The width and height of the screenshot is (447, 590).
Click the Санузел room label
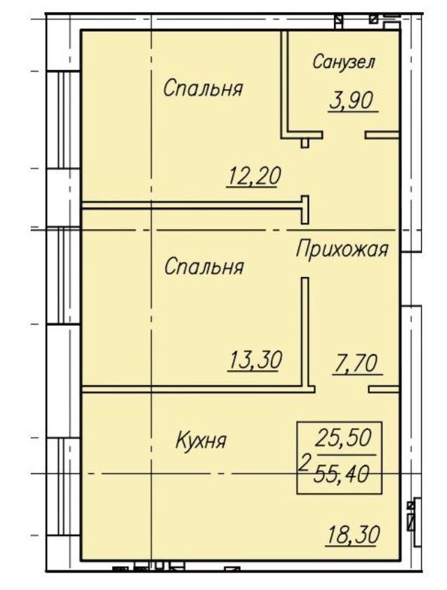(344, 62)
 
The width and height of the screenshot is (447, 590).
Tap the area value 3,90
(351, 101)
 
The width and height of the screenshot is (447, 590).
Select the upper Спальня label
(203, 89)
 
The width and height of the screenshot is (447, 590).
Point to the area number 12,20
(253, 177)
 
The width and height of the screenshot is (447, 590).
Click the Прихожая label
(342, 250)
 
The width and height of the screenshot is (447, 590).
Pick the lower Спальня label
(204, 267)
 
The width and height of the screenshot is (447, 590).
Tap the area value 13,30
(255, 360)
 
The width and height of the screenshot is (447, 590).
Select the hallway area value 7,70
(355, 364)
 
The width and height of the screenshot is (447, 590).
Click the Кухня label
(201, 441)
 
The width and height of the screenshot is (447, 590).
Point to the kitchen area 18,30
(353, 535)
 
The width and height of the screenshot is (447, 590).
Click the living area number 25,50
(343, 438)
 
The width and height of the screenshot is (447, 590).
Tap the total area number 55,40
(342, 474)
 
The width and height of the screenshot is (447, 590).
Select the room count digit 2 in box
(304, 462)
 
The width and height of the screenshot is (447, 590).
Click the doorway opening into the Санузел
(344, 135)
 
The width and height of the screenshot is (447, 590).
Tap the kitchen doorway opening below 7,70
(342, 389)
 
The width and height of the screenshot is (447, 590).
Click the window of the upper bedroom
(64, 120)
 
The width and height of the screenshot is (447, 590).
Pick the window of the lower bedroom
(64, 276)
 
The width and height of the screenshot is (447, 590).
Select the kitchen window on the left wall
(64, 487)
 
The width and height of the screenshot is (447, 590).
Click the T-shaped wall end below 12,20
(305, 210)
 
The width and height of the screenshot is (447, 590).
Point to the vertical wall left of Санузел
(284, 83)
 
